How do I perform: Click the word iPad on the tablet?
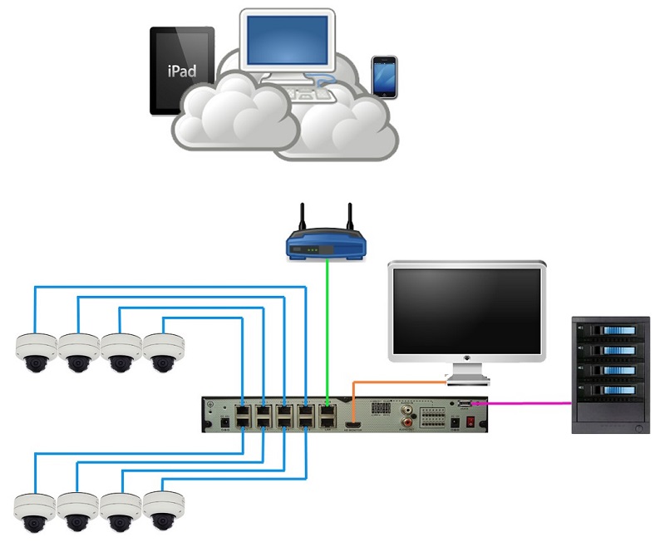[x=182, y=71]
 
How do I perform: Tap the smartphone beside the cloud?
[x=384, y=77]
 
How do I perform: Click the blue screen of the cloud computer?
[x=287, y=42]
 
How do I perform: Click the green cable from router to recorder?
[x=328, y=333]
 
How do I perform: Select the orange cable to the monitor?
[x=391, y=382]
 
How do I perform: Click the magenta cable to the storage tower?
[x=524, y=403]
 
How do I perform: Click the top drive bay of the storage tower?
[x=611, y=333]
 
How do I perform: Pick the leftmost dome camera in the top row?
[x=36, y=352]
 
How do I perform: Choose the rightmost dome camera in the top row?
[x=163, y=352]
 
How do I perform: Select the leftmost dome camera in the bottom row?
[x=36, y=511]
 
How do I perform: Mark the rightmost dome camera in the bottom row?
[x=163, y=511]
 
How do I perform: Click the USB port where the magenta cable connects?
[x=462, y=404]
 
